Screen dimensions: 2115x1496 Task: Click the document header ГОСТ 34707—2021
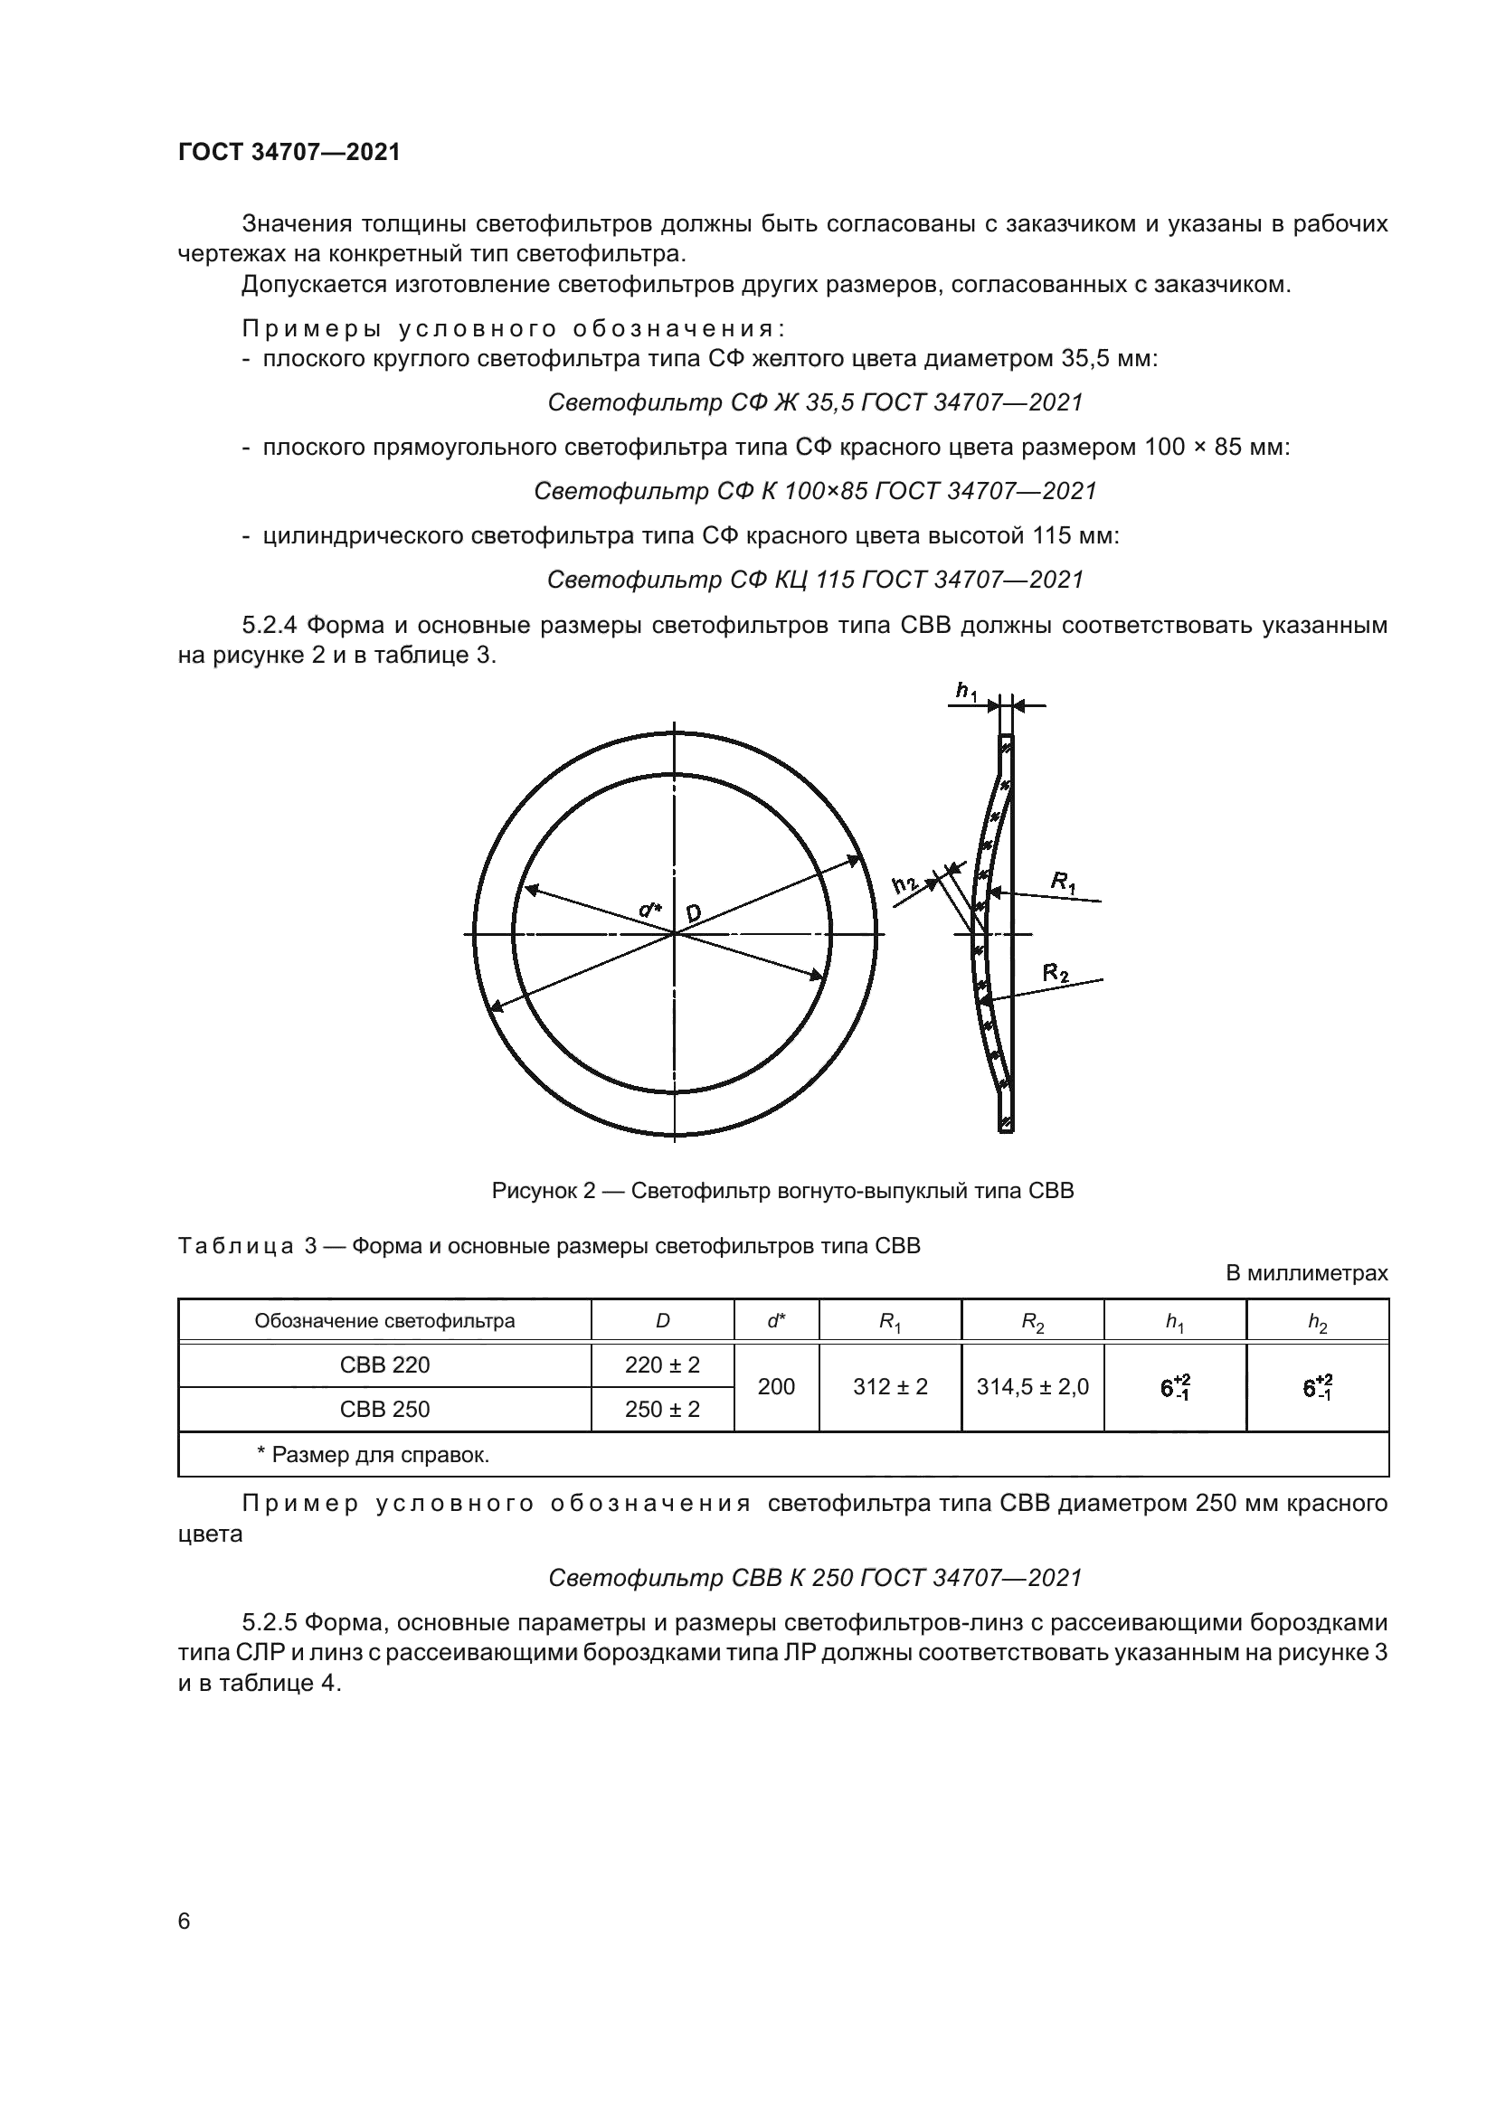[289, 153]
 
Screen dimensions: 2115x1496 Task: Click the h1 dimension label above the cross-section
[965, 691]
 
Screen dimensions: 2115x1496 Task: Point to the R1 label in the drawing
[1063, 882]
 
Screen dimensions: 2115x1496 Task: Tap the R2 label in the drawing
[1056, 972]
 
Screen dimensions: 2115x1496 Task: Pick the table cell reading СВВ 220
[384, 1365]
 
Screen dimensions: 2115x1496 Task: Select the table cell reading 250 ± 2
[661, 1410]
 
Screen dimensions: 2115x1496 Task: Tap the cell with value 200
[776, 1387]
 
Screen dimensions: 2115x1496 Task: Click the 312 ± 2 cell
[890, 1387]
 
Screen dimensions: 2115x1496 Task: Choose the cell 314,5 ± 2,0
[1032, 1387]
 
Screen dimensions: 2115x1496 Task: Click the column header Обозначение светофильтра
[384, 1321]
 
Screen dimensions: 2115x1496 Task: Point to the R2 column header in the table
[1032, 1322]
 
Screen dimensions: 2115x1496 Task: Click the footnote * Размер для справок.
[372, 1455]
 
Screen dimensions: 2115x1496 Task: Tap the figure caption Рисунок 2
[782, 1191]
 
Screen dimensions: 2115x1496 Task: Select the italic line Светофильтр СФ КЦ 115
[814, 580]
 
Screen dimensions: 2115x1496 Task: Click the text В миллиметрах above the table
[1306, 1273]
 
